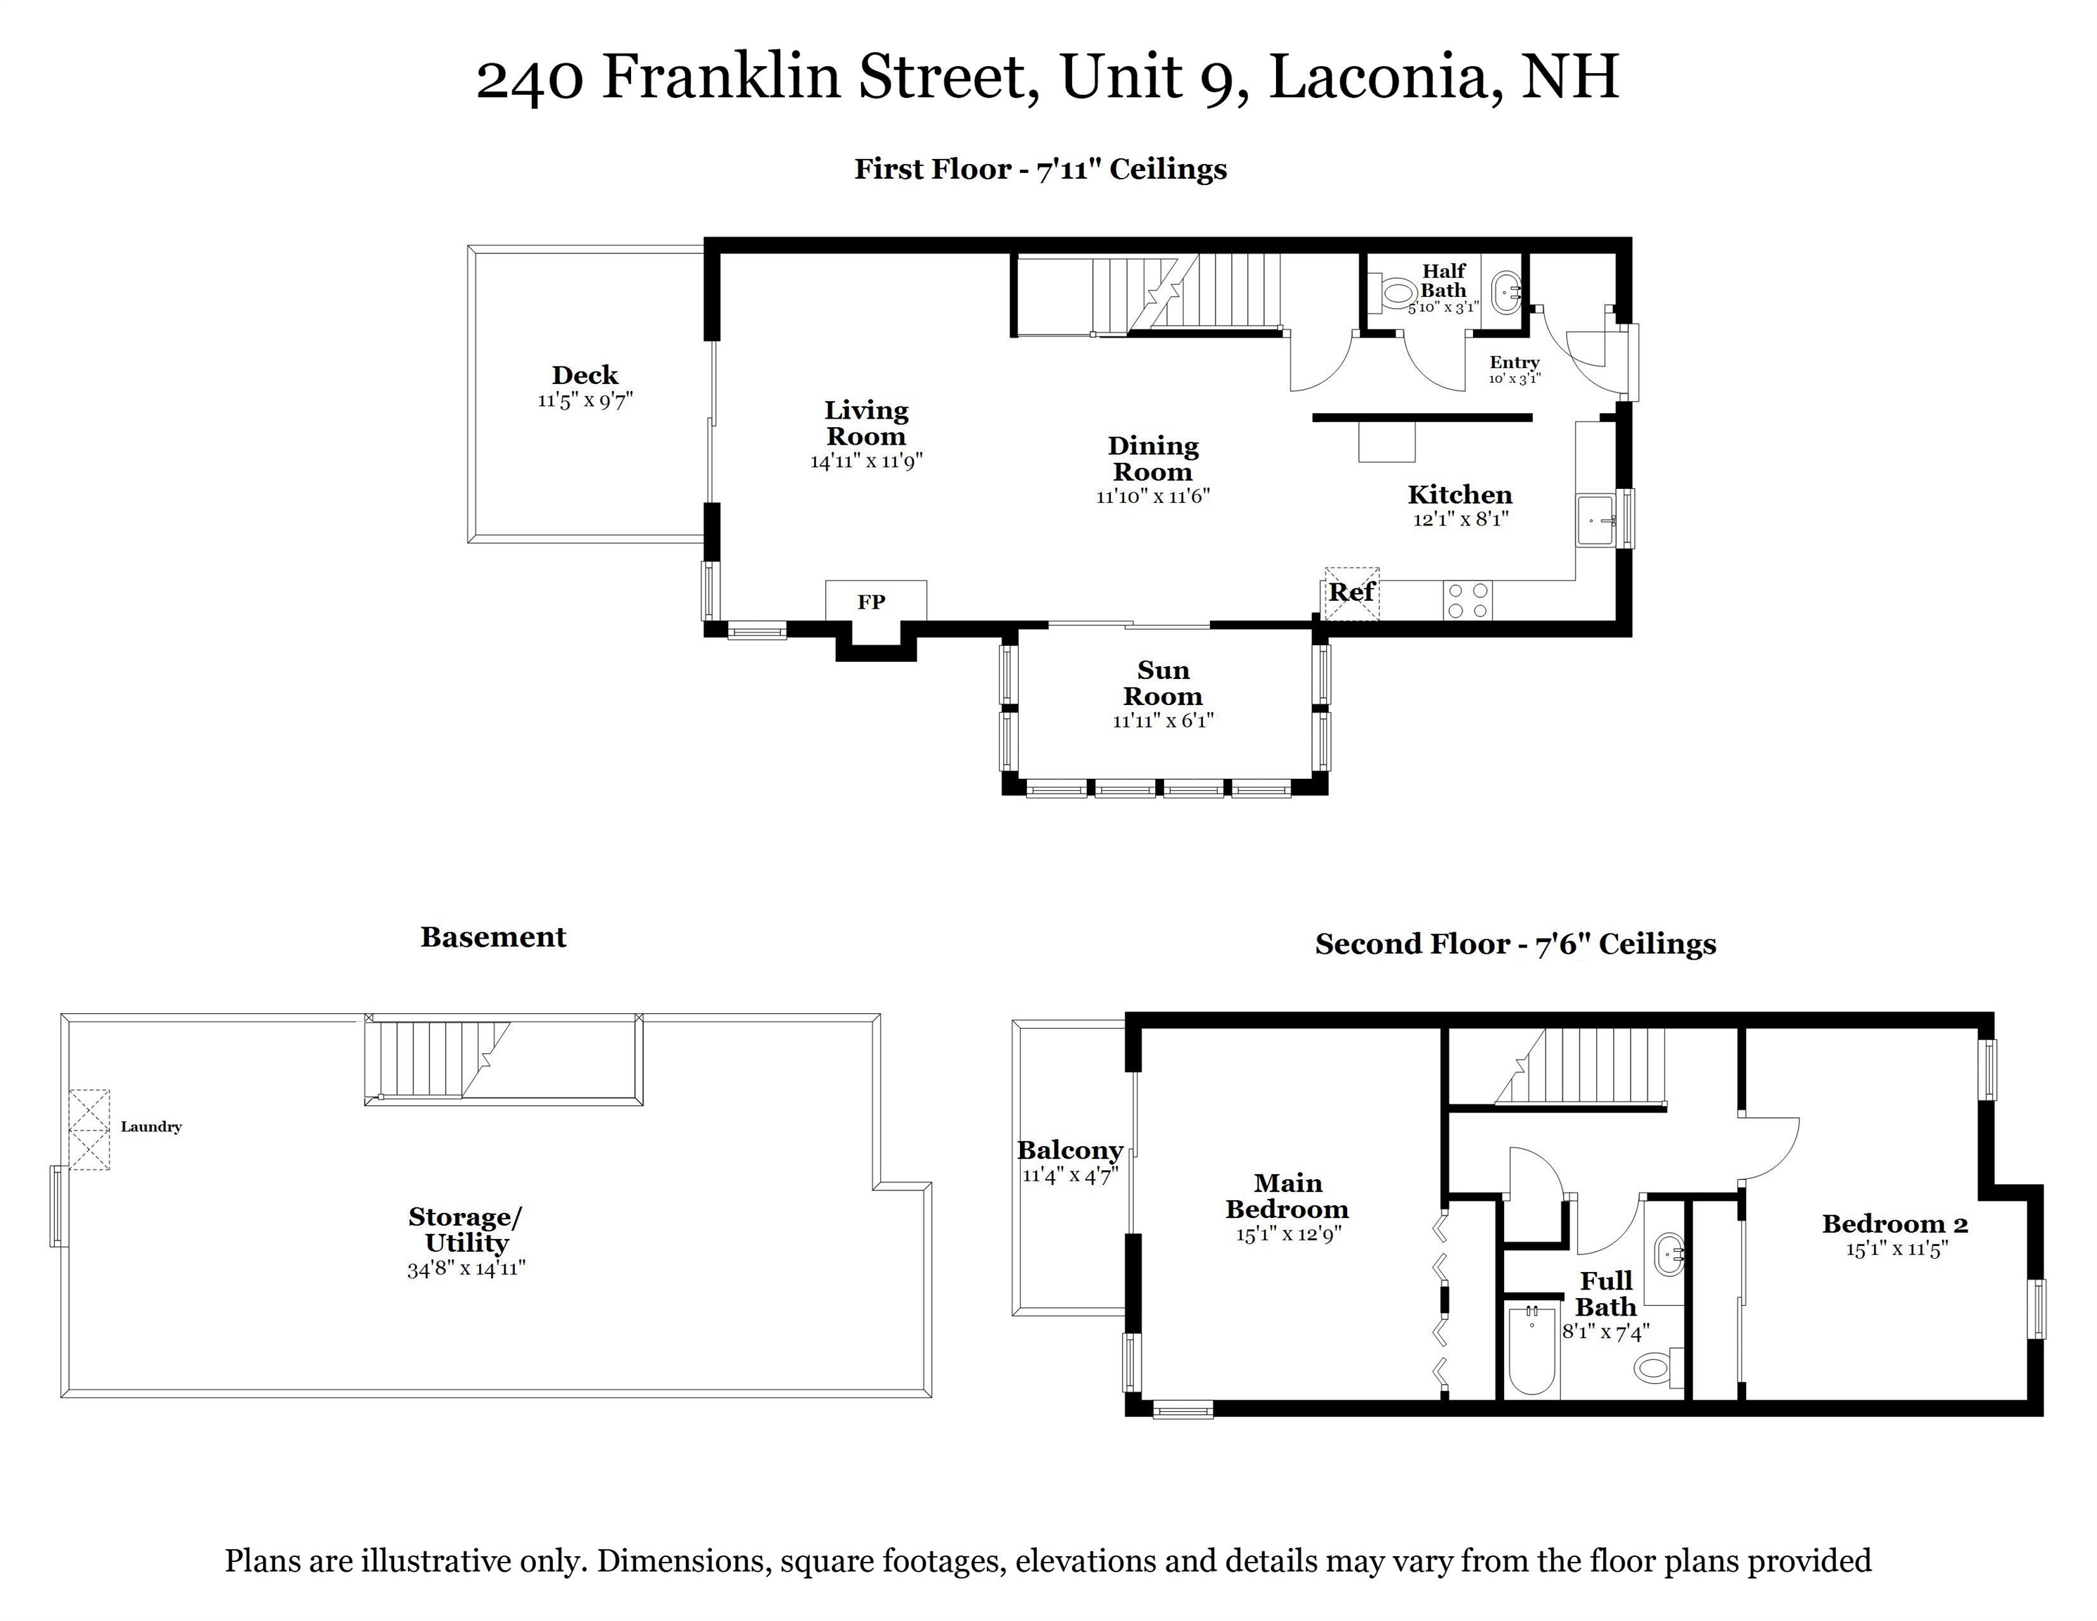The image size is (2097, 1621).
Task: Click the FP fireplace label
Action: pyautogui.click(x=871, y=602)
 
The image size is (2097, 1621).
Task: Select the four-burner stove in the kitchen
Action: pyautogui.click(x=1468, y=601)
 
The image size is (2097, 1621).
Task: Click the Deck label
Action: pyautogui.click(x=585, y=376)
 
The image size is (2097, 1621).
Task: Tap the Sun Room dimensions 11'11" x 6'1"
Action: pyautogui.click(x=1163, y=721)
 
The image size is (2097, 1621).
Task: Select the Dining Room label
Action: pyautogui.click(x=1152, y=459)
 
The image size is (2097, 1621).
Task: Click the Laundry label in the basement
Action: pyautogui.click(x=151, y=1126)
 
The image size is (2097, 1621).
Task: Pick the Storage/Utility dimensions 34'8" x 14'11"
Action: pyautogui.click(x=466, y=1269)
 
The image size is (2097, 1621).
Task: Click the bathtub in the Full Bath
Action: pyautogui.click(x=1531, y=1350)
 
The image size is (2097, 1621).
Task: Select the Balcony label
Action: pyautogui.click(x=1070, y=1150)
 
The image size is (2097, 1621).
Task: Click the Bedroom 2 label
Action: pyautogui.click(x=1894, y=1223)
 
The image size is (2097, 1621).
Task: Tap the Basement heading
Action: pyautogui.click(x=494, y=937)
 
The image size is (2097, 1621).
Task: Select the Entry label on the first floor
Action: pyautogui.click(x=1514, y=362)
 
